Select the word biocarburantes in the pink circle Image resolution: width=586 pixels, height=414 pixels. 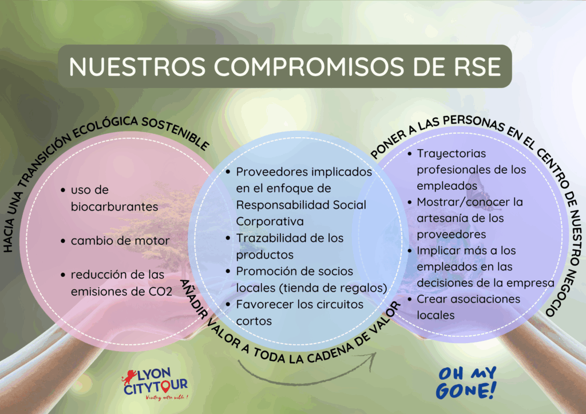pos(114,206)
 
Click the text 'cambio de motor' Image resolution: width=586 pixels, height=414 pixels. pos(120,241)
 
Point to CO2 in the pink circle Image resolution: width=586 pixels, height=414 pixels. pos(160,292)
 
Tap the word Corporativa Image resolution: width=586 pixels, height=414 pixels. pos(270,222)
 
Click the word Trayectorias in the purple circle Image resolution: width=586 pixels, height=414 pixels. pos(452,153)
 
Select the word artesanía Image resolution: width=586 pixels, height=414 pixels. pos(441,218)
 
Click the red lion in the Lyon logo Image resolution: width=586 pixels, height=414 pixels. pos(129,377)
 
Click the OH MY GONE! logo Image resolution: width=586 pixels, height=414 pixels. pos(466,383)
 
